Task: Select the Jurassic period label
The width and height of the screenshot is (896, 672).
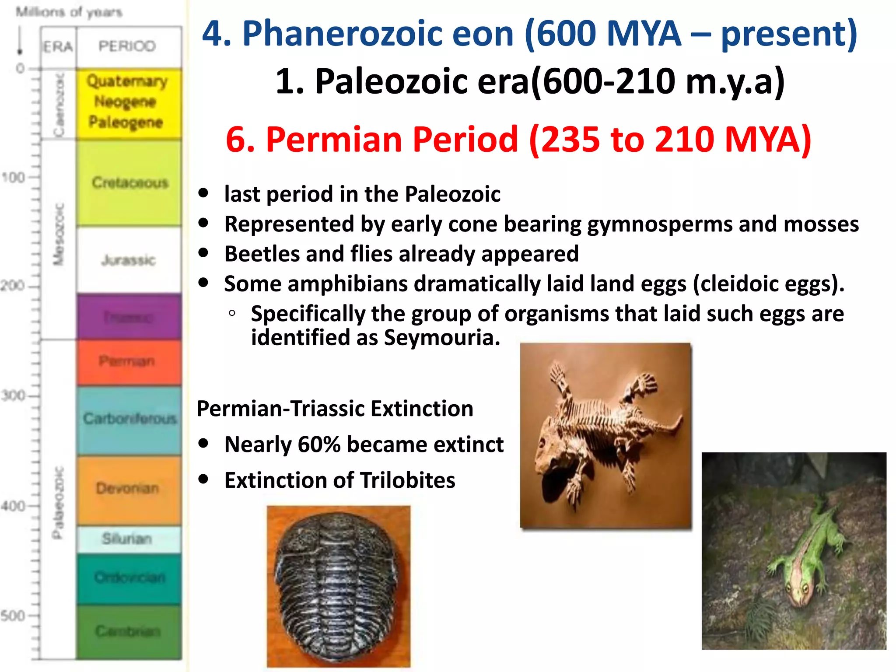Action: tap(128, 260)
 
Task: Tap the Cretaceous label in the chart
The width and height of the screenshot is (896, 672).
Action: tap(130, 182)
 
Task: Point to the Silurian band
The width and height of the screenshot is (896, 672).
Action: tap(127, 539)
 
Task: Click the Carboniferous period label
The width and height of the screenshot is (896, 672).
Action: tap(130, 419)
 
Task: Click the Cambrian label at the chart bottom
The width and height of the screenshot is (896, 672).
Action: tap(128, 631)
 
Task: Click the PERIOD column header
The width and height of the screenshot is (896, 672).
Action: tap(127, 46)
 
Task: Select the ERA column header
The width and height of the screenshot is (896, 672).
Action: tap(58, 46)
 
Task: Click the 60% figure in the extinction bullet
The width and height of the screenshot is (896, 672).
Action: tap(319, 444)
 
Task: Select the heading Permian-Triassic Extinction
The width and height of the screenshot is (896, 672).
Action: tap(335, 409)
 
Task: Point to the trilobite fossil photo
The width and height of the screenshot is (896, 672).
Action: tap(338, 586)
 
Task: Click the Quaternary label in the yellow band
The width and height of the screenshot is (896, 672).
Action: tap(127, 81)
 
